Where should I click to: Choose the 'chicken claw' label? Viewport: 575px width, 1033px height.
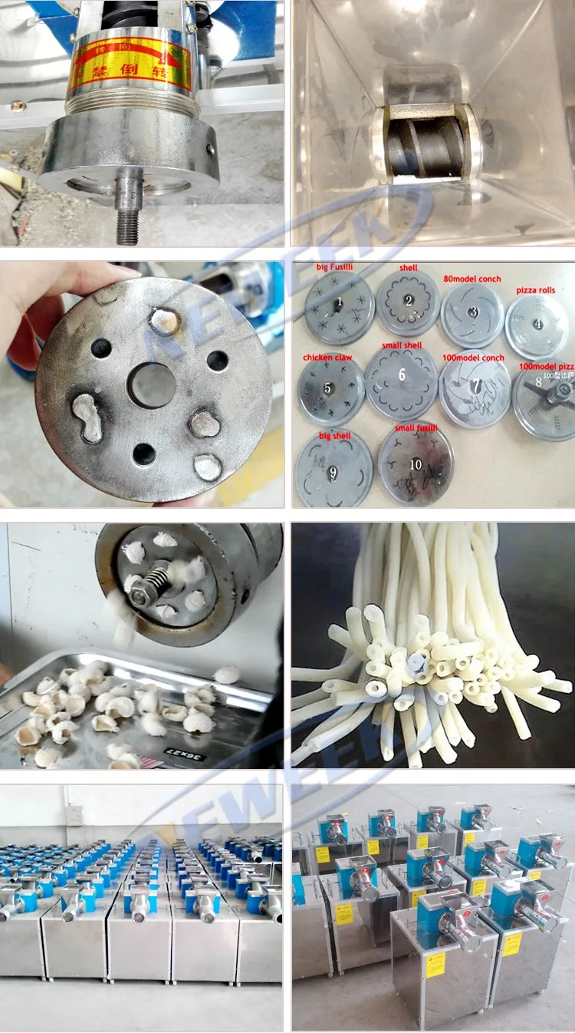[x=327, y=358]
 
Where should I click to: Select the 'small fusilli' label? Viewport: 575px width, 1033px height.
[x=416, y=427]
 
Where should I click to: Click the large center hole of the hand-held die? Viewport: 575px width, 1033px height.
[x=152, y=384]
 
